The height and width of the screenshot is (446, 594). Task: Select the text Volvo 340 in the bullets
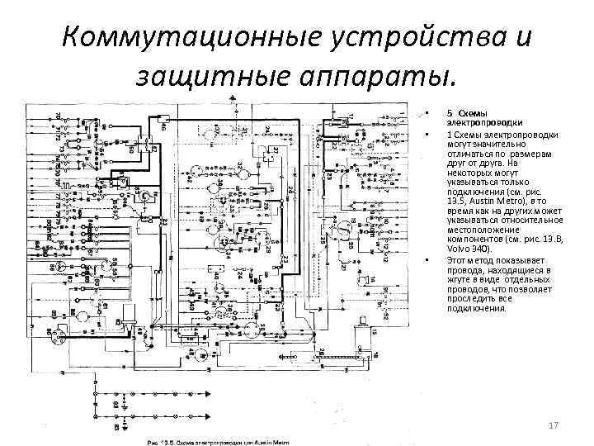point(468,248)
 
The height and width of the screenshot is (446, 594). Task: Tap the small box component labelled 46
point(160,125)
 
